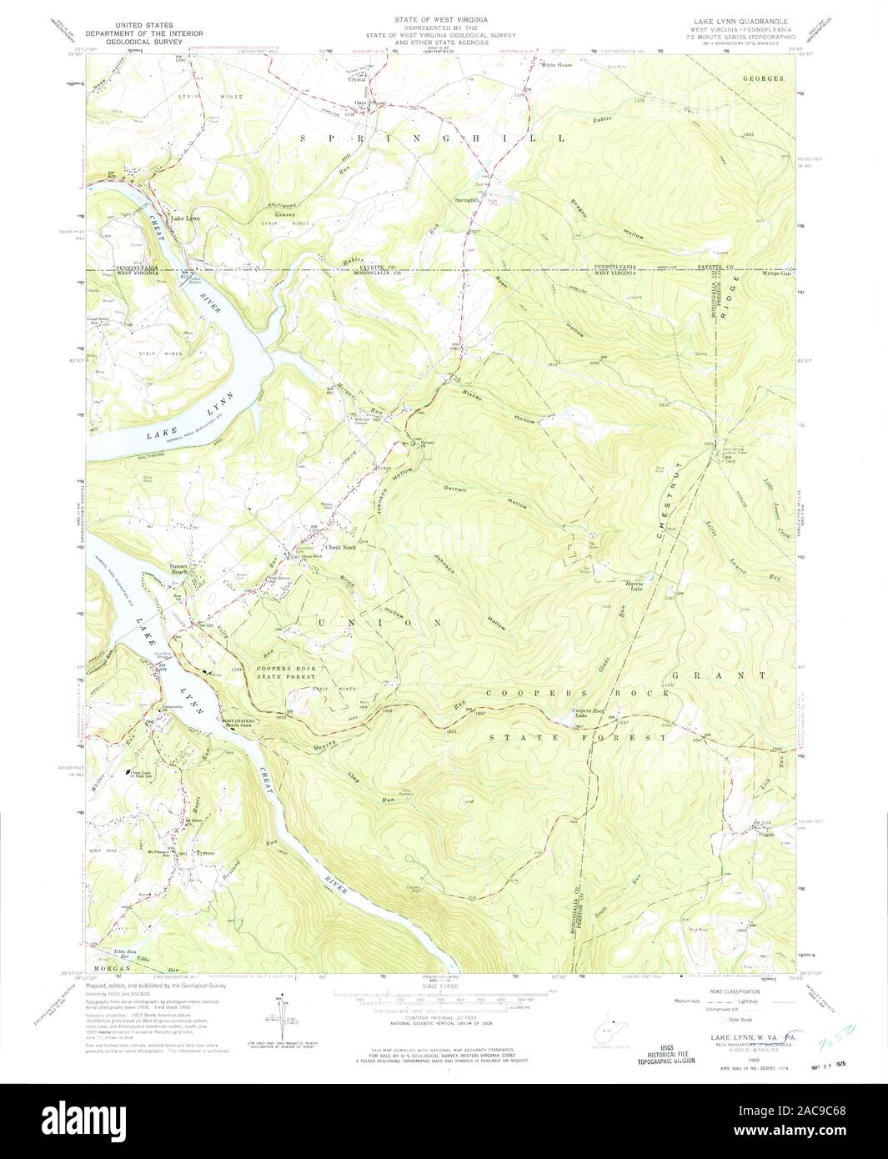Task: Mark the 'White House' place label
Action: (557, 64)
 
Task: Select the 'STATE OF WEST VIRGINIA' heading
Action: (444, 18)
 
